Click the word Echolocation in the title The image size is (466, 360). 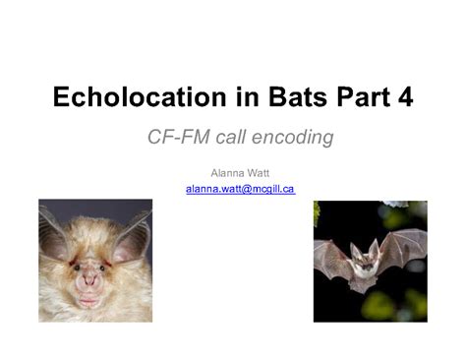pos(127,97)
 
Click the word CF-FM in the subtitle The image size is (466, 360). pos(175,136)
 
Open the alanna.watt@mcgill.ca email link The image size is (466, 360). pos(240,188)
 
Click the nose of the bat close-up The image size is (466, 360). pos(90,284)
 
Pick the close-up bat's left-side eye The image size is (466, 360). pos(73,266)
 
